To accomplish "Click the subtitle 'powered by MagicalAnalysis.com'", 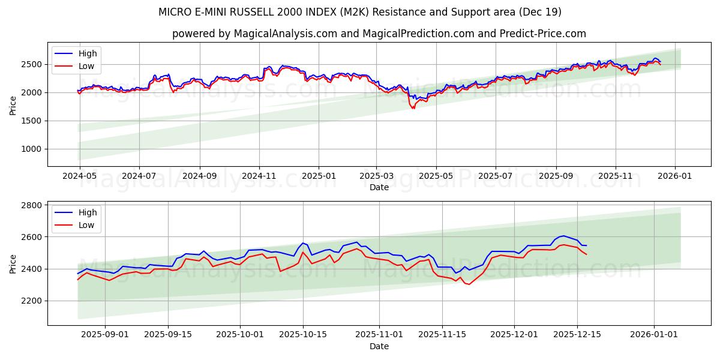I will tap(379, 34).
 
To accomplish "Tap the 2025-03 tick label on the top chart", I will tap(376, 175).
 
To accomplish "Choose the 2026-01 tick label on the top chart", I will tap(675, 175).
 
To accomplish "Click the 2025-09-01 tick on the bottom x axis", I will tap(105, 334).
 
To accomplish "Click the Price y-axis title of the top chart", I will tap(13, 106).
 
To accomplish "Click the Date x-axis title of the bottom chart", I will tap(379, 346).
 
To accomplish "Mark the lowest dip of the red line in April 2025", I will tap(413, 109).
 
